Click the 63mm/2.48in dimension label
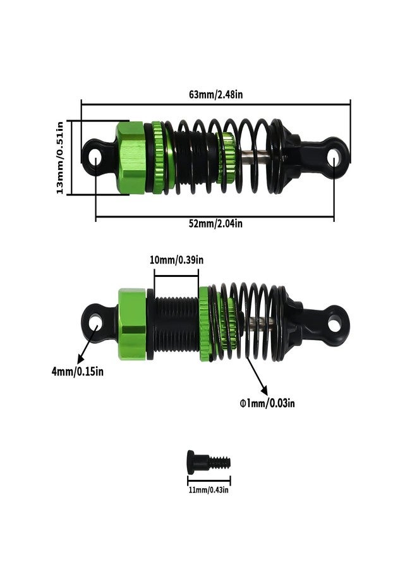(x=216, y=94)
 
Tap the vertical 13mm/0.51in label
(x=60, y=157)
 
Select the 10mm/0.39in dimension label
(x=176, y=260)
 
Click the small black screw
(x=207, y=461)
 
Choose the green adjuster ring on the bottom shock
(x=205, y=323)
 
